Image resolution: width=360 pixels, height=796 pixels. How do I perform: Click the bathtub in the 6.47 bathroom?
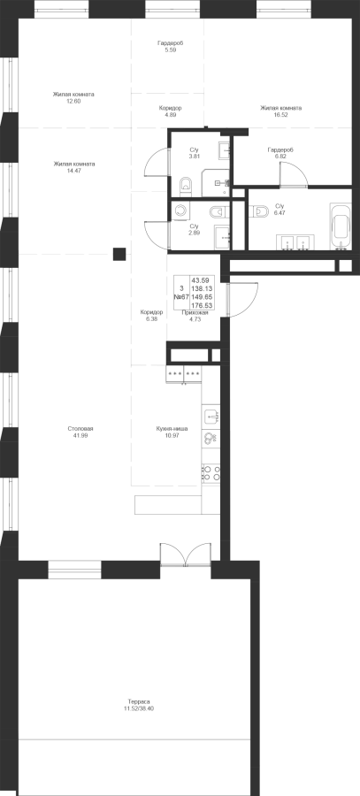341,226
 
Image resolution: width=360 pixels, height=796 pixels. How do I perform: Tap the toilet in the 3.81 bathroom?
186,187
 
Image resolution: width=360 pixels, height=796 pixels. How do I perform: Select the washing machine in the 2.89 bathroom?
180,210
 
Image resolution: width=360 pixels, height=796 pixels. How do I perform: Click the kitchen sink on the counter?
211,416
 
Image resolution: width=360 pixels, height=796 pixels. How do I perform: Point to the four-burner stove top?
211,473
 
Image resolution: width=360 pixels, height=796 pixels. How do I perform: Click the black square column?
119,254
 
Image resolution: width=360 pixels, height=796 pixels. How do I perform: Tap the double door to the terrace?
186,555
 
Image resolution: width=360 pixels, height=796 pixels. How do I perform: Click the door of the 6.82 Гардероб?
294,175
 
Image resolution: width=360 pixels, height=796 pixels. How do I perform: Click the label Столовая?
80,428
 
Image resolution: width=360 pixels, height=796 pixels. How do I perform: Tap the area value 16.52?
280,115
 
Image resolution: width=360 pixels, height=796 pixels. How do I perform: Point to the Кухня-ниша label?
172,428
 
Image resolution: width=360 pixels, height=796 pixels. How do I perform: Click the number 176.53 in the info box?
202,305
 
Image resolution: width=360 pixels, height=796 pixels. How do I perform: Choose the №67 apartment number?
181,296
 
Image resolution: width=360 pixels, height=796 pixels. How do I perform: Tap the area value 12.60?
73,101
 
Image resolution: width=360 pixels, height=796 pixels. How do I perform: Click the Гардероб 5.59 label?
170,47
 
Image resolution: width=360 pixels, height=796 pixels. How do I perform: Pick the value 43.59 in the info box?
202,279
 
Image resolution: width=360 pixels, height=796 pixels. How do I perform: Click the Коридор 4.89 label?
170,111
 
